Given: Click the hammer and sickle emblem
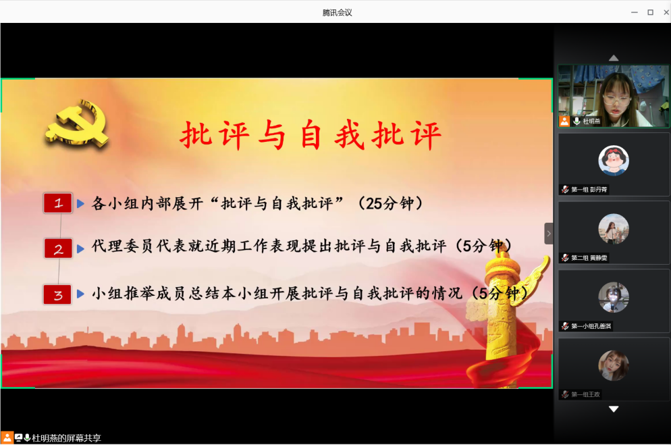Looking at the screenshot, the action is click(x=77, y=124).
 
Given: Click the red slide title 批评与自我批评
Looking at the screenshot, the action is click(x=311, y=135).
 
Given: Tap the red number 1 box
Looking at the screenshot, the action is click(x=58, y=203).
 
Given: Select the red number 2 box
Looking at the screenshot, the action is click(x=58, y=248).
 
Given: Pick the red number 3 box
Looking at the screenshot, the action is click(x=58, y=294).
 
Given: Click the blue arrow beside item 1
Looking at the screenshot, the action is click(x=80, y=204).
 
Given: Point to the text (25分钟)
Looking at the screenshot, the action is click(x=390, y=203).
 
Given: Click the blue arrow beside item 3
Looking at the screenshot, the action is click(x=80, y=294).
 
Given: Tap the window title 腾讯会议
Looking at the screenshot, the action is click(x=338, y=13).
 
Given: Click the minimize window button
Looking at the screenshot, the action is click(x=634, y=12).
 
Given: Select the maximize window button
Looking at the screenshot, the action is click(x=651, y=12).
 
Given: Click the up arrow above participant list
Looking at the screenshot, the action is click(x=614, y=58).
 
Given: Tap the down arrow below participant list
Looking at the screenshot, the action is click(x=614, y=409).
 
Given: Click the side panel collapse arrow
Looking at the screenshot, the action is click(x=549, y=234).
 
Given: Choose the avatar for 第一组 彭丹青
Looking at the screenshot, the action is click(x=614, y=161).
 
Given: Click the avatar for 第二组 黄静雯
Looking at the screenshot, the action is click(x=614, y=229).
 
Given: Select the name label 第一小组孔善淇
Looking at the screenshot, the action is click(x=591, y=326).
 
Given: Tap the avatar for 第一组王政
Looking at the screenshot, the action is click(x=614, y=366).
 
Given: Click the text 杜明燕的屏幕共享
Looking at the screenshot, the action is click(x=66, y=438).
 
